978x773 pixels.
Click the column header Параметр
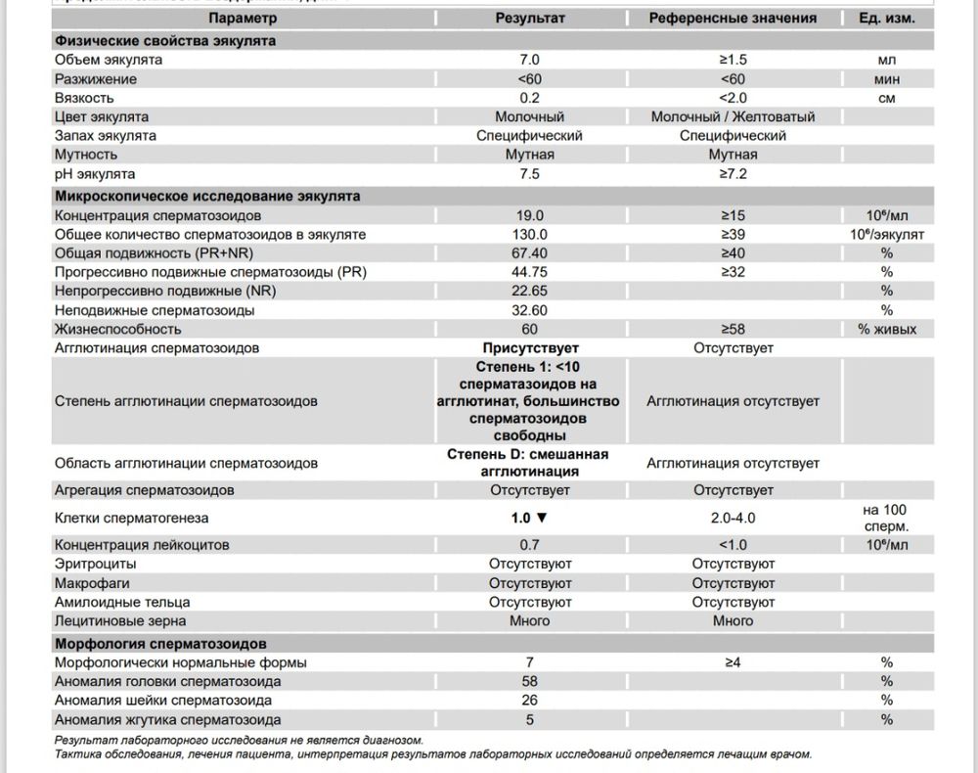pyautogui.click(x=243, y=19)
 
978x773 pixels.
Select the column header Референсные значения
pyautogui.click(x=733, y=19)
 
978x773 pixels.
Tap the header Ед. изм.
pyautogui.click(x=886, y=19)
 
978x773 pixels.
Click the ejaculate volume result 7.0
pyautogui.click(x=530, y=60)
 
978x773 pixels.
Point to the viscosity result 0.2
pyautogui.click(x=530, y=98)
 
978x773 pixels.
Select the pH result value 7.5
pyautogui.click(x=530, y=173)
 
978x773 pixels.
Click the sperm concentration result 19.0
pyautogui.click(x=530, y=215)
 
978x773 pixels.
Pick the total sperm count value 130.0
pyautogui.click(x=530, y=234)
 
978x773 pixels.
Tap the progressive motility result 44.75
pyautogui.click(x=530, y=272)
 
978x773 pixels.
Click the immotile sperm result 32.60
pyautogui.click(x=530, y=310)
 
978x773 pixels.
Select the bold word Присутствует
pyautogui.click(x=530, y=348)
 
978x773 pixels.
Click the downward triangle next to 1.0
pyautogui.click(x=542, y=519)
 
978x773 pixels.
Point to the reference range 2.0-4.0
pyautogui.click(x=733, y=519)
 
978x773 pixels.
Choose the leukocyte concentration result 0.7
pyautogui.click(x=530, y=545)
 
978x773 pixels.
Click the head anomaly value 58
pyautogui.click(x=530, y=681)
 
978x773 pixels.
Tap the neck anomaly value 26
pyautogui.click(x=530, y=701)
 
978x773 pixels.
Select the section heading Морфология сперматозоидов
pyautogui.click(x=159, y=644)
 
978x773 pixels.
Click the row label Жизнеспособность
pyautogui.click(x=117, y=329)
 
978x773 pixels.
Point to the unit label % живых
pyautogui.click(x=887, y=329)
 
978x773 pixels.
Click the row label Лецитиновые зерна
pyautogui.click(x=120, y=620)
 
